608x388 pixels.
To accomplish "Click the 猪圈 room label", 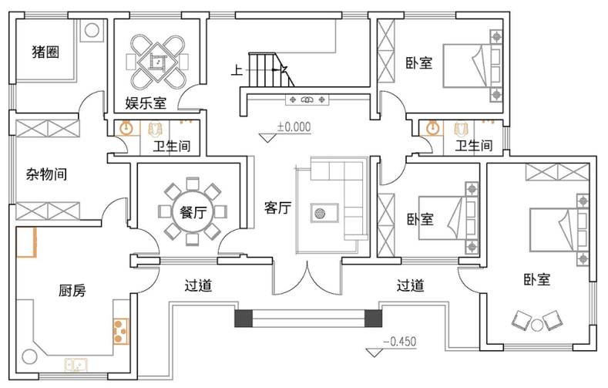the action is click(x=45, y=52).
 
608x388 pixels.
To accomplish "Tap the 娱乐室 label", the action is click(x=146, y=103).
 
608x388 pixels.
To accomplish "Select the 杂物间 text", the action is click(x=46, y=174).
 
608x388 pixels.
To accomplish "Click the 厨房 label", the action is click(x=72, y=290).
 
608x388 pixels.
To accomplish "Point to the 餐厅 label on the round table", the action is click(x=193, y=212).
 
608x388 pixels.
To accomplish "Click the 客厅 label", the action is click(x=277, y=207).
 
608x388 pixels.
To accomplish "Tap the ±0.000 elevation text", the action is click(x=294, y=127).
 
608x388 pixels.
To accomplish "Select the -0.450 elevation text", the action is click(x=400, y=342).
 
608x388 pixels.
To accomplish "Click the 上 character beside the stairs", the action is click(x=237, y=70).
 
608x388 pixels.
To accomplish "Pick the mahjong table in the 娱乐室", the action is click(x=157, y=61).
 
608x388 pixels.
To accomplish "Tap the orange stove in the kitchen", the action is click(x=120, y=331).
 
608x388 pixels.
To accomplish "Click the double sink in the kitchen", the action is click(x=76, y=365).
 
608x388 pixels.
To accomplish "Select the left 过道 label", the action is click(x=198, y=285).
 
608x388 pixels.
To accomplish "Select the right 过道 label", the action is click(x=410, y=285).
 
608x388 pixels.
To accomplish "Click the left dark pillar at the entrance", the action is click(x=244, y=318).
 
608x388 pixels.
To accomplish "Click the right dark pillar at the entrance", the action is click(x=374, y=318).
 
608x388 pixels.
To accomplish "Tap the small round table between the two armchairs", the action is click(x=537, y=326).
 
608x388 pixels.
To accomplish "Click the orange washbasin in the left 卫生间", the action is click(x=126, y=128).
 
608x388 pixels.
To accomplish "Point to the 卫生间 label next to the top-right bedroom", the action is click(x=474, y=146).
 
